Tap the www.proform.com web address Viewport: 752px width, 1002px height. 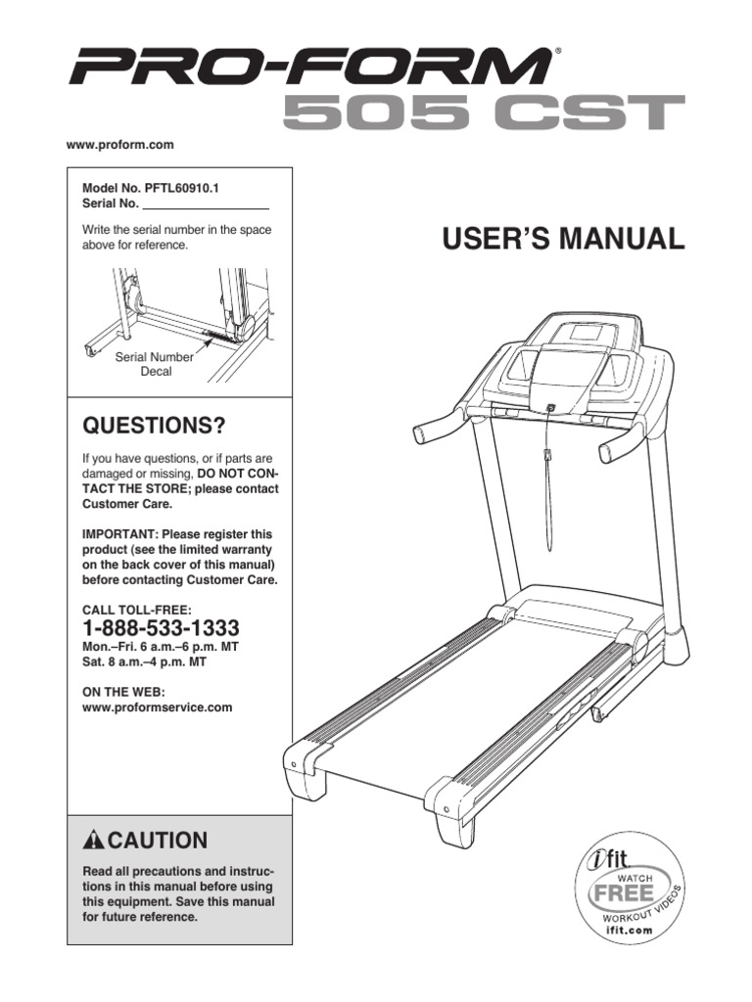(x=119, y=145)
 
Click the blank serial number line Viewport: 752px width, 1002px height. (x=206, y=205)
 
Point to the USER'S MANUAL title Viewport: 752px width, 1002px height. (x=563, y=239)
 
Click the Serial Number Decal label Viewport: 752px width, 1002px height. (x=155, y=365)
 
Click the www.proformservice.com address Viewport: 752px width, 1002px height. (x=157, y=707)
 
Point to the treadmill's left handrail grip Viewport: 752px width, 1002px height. (x=431, y=430)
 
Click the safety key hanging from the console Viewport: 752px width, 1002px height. (x=549, y=456)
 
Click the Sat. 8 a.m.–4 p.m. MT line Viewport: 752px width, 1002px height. (x=143, y=661)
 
